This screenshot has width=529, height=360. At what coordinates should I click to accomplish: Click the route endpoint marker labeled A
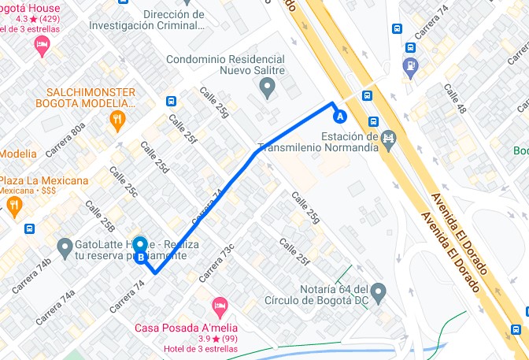[340, 117]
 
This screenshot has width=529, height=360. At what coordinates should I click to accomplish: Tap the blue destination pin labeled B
[140, 250]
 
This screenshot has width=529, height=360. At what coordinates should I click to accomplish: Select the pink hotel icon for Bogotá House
[43, 46]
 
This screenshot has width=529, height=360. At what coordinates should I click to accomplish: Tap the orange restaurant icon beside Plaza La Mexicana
[13, 206]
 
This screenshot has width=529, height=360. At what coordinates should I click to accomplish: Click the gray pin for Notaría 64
[378, 293]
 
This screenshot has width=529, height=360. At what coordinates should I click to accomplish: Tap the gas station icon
[410, 65]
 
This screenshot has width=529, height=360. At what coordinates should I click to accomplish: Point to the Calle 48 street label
[456, 98]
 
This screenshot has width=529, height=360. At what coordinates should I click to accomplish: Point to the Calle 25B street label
[102, 217]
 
